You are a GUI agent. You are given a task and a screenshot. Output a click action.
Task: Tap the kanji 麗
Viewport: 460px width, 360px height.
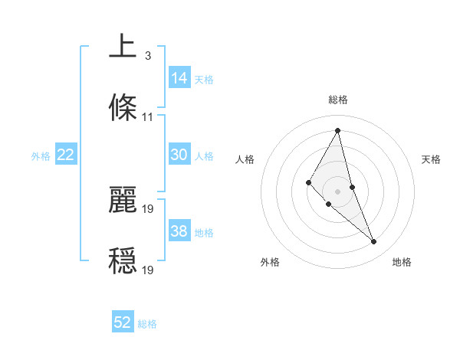click(123, 199)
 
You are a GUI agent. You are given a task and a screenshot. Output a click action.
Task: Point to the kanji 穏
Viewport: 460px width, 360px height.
click(123, 260)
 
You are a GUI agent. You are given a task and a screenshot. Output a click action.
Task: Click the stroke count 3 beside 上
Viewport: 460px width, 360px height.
click(147, 56)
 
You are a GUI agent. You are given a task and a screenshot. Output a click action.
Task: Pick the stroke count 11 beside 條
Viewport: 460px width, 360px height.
click(148, 117)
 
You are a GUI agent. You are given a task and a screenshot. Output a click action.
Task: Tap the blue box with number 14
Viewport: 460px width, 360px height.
click(179, 78)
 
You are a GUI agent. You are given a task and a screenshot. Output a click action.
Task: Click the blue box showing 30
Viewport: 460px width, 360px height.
click(179, 155)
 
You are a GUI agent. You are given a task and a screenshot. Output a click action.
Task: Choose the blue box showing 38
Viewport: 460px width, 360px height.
click(179, 231)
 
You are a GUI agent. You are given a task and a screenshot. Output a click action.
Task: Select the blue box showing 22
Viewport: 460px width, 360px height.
click(66, 155)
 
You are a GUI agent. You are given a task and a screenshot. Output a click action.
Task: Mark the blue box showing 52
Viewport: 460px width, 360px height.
click(123, 323)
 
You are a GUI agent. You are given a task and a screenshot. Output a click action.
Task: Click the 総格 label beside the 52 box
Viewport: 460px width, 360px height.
click(147, 324)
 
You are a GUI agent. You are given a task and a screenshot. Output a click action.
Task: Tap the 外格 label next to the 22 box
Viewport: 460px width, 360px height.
click(41, 155)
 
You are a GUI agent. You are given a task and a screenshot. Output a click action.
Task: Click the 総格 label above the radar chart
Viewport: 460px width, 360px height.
click(337, 100)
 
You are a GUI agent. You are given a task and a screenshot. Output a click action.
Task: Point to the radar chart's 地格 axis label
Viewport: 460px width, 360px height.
click(402, 262)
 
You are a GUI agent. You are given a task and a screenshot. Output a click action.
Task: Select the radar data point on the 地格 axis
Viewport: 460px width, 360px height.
click(374, 242)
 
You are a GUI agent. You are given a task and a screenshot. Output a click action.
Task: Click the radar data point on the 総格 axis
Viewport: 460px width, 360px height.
click(337, 129)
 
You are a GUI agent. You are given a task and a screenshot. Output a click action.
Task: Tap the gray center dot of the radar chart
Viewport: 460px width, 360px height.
click(337, 191)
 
